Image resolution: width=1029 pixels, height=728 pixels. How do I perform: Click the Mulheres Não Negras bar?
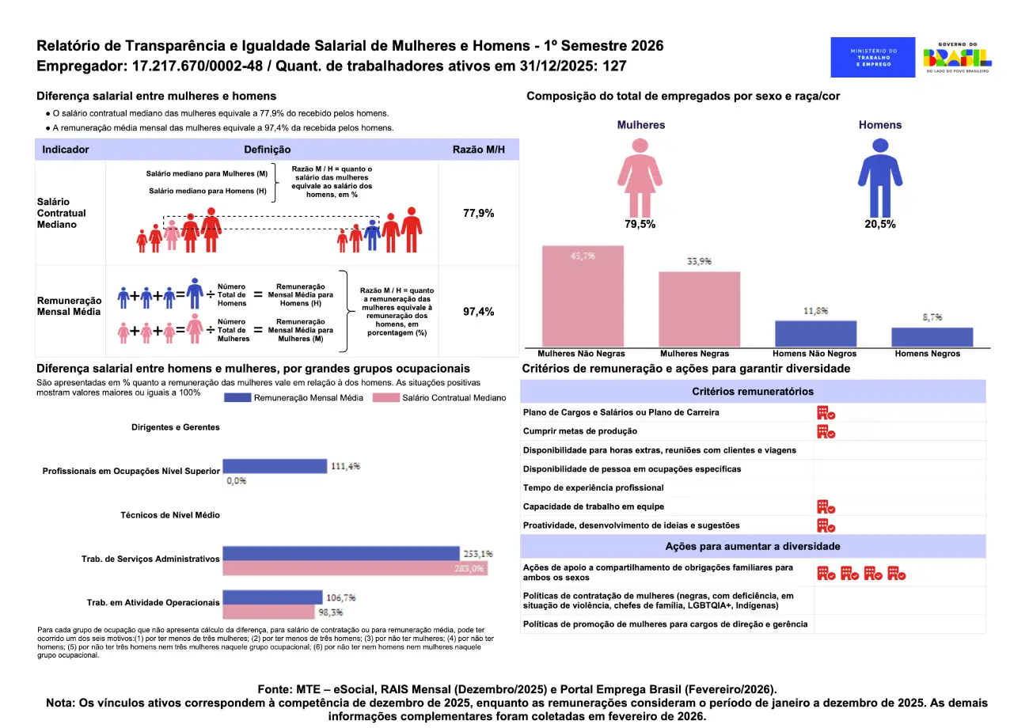tap(583, 297)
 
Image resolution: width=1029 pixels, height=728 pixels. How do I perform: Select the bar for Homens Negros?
tap(932, 337)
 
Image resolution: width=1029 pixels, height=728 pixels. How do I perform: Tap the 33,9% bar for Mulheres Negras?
tap(700, 309)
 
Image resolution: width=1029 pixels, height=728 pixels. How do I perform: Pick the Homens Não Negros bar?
tap(815, 333)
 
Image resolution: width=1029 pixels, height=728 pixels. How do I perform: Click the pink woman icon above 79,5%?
tap(639, 176)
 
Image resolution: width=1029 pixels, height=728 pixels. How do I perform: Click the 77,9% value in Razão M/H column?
tap(478, 214)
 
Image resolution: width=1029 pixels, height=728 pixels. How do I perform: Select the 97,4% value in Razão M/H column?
tap(478, 312)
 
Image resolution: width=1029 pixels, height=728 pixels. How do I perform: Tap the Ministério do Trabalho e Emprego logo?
tap(873, 57)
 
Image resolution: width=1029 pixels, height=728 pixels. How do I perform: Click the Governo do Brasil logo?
tap(958, 58)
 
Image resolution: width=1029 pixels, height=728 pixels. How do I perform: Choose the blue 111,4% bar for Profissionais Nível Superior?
tap(275, 466)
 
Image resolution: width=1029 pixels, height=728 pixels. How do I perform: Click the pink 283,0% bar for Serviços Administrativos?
tap(355, 568)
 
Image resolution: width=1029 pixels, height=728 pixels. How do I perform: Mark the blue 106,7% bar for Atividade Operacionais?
tap(272, 597)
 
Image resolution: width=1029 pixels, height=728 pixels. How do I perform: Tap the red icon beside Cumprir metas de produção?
tap(826, 431)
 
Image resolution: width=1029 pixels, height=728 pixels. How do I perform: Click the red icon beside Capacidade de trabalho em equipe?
tap(826, 506)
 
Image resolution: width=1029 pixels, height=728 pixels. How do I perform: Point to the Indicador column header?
tap(66, 150)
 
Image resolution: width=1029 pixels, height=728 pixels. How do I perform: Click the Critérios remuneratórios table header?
tap(752, 392)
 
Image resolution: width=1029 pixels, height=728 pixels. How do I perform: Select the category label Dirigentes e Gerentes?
tap(176, 427)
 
